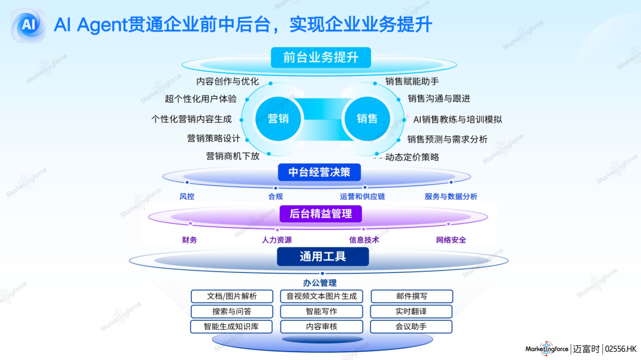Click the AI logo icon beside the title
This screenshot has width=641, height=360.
(28, 25)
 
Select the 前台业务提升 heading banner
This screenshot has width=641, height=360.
(320, 58)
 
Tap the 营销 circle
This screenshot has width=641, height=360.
(278, 119)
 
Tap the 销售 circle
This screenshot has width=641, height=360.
(367, 119)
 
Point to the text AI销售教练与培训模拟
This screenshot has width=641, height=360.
(458, 119)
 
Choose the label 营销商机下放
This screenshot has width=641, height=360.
(233, 157)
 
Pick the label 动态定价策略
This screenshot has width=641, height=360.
(412, 157)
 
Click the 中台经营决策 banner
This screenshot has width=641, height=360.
(319, 173)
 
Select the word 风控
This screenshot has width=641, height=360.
(187, 196)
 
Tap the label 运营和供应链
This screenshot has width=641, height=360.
(362, 196)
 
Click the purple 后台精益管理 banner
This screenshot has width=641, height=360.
(320, 214)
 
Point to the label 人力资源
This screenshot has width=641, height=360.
(277, 240)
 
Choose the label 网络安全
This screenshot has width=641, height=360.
(451, 240)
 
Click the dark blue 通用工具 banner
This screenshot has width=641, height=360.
(323, 257)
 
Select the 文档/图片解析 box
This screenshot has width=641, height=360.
(232, 296)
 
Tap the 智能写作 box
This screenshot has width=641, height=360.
(321, 311)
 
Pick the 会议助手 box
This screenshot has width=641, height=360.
(411, 327)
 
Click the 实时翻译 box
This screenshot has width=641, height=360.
(411, 311)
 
